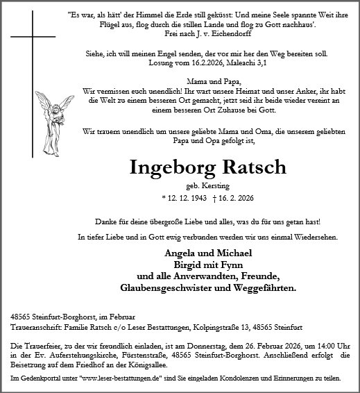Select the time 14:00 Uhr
(333, 345)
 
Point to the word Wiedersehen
(314, 237)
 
